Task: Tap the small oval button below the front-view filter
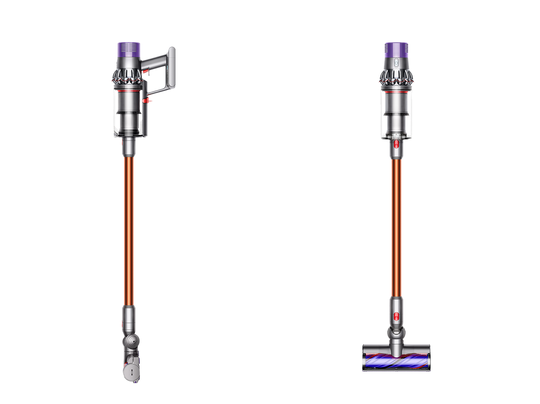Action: coord(396,63)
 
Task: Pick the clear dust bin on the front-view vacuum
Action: coord(396,114)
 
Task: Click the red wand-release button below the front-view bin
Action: coord(396,144)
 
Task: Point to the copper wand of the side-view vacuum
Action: coord(128,228)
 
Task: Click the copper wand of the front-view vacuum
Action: coord(396,228)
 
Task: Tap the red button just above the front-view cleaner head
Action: coord(396,315)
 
